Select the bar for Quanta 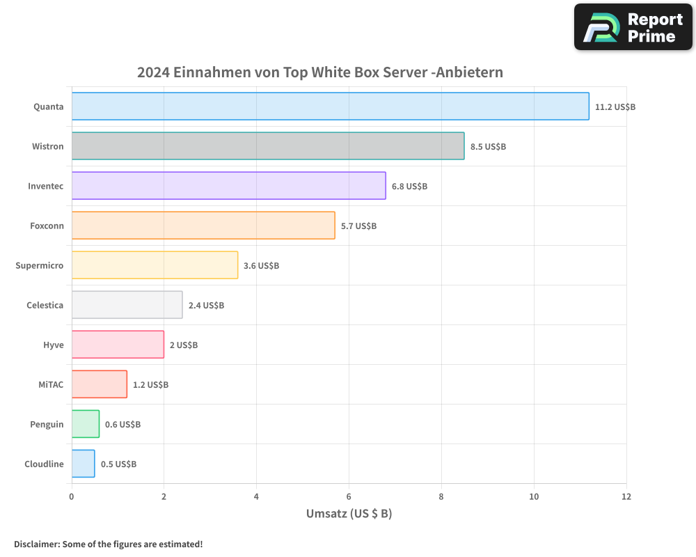pyautogui.click(x=330, y=107)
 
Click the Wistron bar pyautogui.click(x=267, y=146)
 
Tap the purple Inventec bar pyautogui.click(x=228, y=186)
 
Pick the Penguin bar pyautogui.click(x=85, y=424)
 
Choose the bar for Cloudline pyautogui.click(x=83, y=464)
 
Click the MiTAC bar pyautogui.click(x=99, y=384)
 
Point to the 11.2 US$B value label pyautogui.click(x=615, y=107)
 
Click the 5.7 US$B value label pyautogui.click(x=358, y=226)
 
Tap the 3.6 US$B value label pyautogui.click(x=261, y=266)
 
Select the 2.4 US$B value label pyautogui.click(x=206, y=306)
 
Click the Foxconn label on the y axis pyautogui.click(x=47, y=226)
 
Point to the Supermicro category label pyautogui.click(x=40, y=265)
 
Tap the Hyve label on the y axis pyautogui.click(x=53, y=345)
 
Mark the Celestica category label pyautogui.click(x=45, y=305)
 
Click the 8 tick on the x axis pyautogui.click(x=441, y=496)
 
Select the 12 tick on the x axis pyautogui.click(x=626, y=496)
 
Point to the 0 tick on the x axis pyautogui.click(x=72, y=496)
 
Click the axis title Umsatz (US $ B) pyautogui.click(x=349, y=514)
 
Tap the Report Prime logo pyautogui.click(x=633, y=27)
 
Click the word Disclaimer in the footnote pyautogui.click(x=35, y=544)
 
